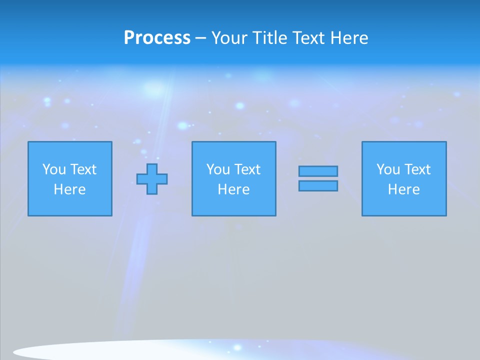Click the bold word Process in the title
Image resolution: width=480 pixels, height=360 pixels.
click(157, 38)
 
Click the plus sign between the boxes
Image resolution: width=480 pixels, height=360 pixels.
click(152, 179)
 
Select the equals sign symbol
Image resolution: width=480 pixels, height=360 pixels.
click(318, 178)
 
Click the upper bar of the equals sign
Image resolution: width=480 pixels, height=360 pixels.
click(318, 171)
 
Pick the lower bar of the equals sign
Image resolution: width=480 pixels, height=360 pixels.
click(318, 185)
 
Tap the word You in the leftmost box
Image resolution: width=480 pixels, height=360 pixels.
click(54, 169)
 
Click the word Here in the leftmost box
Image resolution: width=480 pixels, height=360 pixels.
click(70, 189)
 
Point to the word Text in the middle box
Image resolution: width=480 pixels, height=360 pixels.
click(247, 169)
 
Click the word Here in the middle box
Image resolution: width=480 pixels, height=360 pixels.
click(233, 189)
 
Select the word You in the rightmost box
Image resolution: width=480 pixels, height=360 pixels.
click(388, 169)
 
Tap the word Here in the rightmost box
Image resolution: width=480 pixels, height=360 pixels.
click(404, 189)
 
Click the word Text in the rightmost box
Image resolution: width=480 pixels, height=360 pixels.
click(417, 169)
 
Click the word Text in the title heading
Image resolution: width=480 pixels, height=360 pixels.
click(309, 38)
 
